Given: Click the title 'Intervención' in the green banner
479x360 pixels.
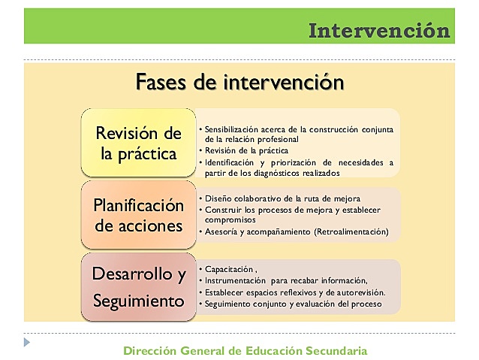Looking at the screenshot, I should [x=379, y=31].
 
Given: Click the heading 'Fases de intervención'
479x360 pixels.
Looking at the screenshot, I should [x=239, y=81].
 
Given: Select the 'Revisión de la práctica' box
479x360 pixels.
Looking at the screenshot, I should [x=139, y=144].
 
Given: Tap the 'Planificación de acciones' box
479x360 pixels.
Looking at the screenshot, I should [x=138, y=215].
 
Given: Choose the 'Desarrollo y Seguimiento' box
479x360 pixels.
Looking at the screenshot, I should [x=138, y=287].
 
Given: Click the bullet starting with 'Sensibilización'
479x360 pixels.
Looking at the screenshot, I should [x=300, y=129].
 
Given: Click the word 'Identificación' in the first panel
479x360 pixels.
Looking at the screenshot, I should [x=229, y=162].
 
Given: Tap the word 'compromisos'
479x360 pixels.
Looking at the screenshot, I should [x=230, y=220].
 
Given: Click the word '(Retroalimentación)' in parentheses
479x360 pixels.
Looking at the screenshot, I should [x=351, y=231].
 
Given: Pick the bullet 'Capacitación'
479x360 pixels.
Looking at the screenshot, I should [x=230, y=268].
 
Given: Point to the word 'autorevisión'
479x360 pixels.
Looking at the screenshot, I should [x=359, y=292].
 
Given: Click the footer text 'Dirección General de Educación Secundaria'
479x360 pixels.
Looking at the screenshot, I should [x=245, y=350].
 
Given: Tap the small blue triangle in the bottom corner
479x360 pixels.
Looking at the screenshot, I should [x=27, y=342].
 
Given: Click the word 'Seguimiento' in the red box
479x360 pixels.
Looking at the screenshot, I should [x=138, y=301].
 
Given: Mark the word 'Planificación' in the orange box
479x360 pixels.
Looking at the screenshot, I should [x=138, y=204].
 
